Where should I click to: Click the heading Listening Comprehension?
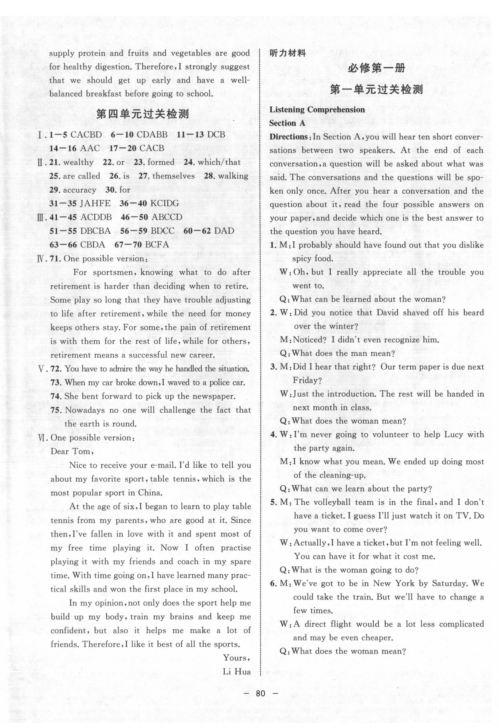(x=317, y=110)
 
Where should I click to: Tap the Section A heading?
(x=287, y=123)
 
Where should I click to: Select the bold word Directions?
(x=288, y=137)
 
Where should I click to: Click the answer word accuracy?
(x=80, y=190)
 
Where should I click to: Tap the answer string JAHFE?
(x=95, y=203)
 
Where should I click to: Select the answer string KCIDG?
(x=164, y=203)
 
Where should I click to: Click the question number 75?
(x=55, y=410)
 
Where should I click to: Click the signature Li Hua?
(x=237, y=671)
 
